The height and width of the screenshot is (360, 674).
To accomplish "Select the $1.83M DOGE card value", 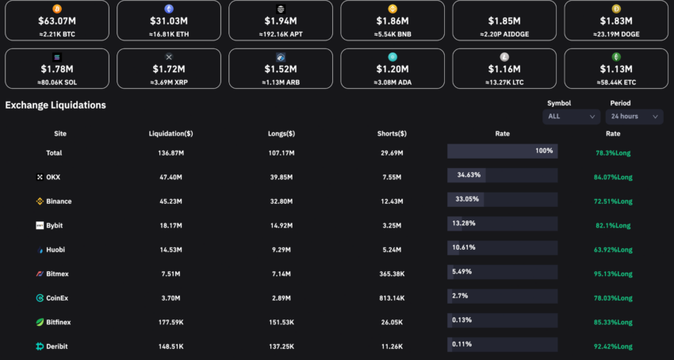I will coord(616,21).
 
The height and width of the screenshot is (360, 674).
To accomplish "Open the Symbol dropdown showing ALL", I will coord(571,117).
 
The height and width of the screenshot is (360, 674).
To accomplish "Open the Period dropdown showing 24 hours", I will coord(634,117).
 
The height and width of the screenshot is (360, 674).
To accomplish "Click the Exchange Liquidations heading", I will coord(56,105).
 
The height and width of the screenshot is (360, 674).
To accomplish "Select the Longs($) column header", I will coord(281,134).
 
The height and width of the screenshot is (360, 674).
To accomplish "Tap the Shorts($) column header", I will coord(392,134).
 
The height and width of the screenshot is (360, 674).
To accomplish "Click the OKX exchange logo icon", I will coord(40,177).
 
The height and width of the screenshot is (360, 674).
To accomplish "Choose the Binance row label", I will coord(59,201).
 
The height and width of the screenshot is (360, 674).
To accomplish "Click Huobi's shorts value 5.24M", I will coord(392,250).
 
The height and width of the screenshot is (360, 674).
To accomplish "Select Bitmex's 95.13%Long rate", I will coord(614,274).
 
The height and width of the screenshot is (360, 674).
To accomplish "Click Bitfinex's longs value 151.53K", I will coord(281,323).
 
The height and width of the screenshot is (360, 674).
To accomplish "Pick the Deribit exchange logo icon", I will coord(40,347).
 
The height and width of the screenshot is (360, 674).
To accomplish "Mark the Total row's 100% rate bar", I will coord(502,151).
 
